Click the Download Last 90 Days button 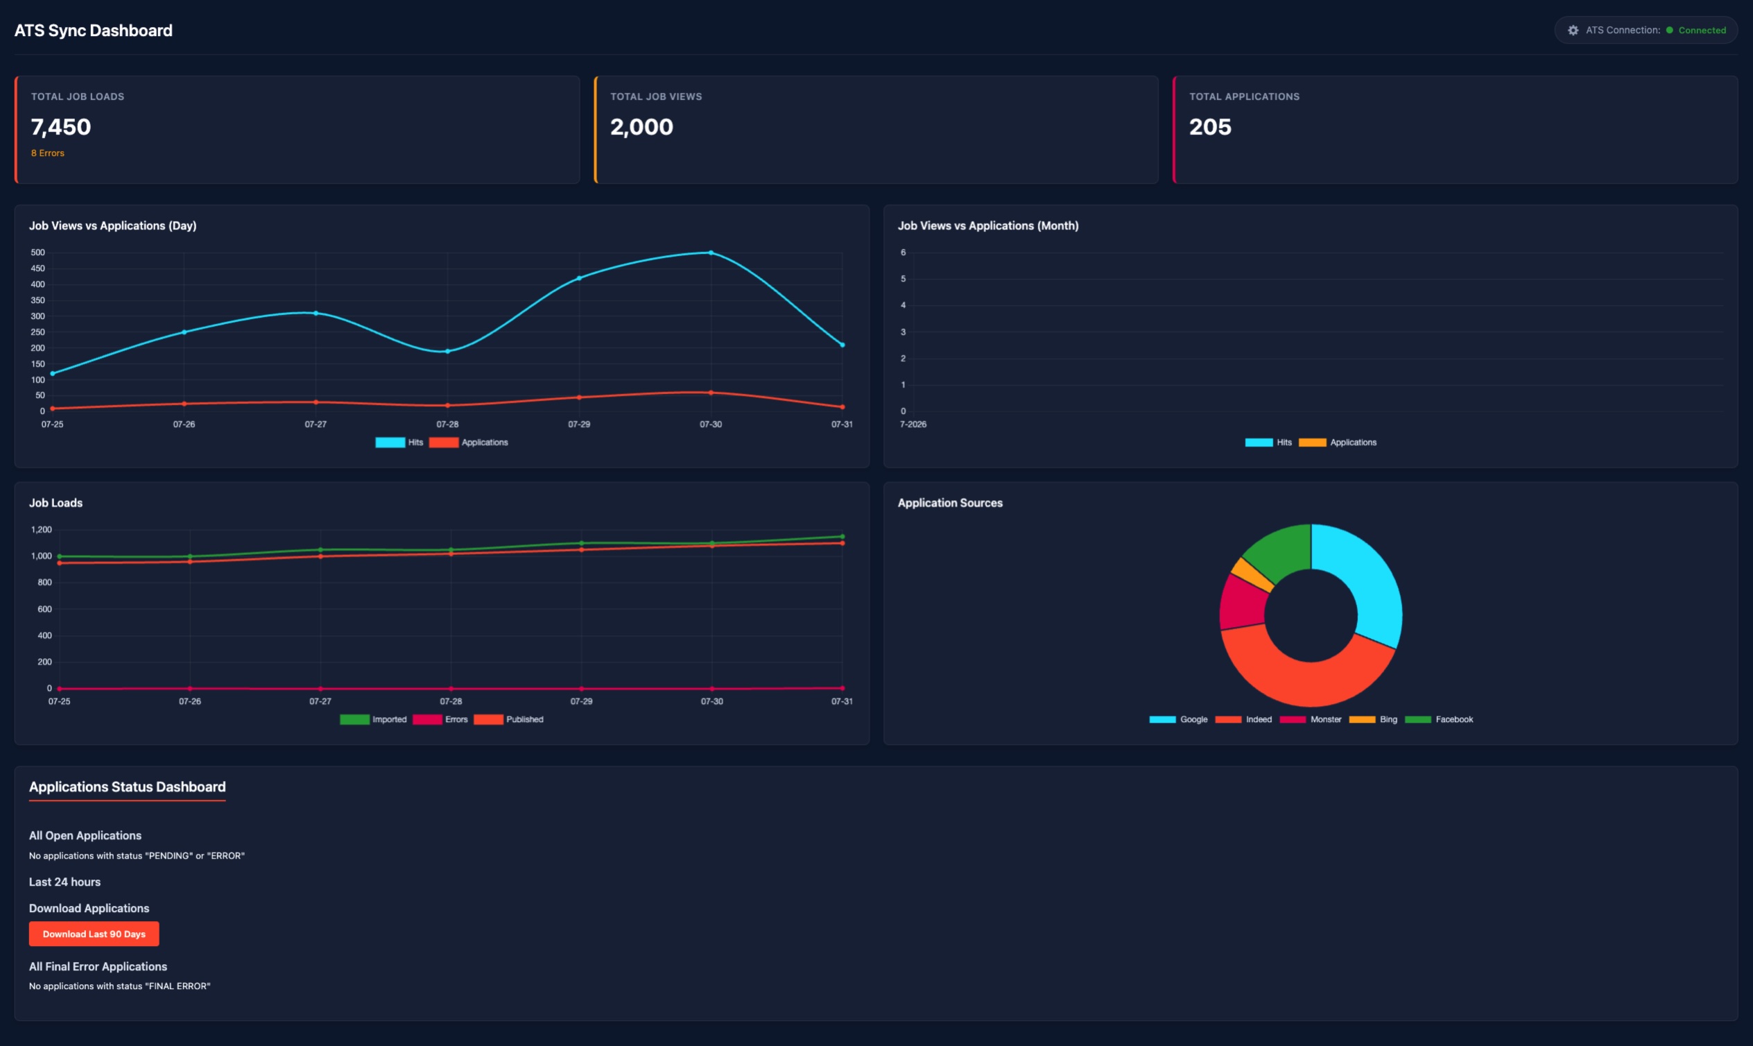pyautogui.click(x=94, y=934)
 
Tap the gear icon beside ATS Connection pyautogui.click(x=1573, y=31)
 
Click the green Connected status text pyautogui.click(x=1702, y=31)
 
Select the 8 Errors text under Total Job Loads pyautogui.click(x=48, y=153)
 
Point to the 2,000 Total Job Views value pyautogui.click(x=641, y=127)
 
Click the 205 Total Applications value pyautogui.click(x=1210, y=127)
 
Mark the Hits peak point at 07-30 pyautogui.click(x=711, y=252)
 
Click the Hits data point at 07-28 pyautogui.click(x=447, y=351)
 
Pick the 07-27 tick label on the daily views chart pyautogui.click(x=316, y=425)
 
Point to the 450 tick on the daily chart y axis pyautogui.click(x=38, y=268)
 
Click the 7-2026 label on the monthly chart pyautogui.click(x=913, y=425)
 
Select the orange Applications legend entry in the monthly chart pyautogui.click(x=1338, y=443)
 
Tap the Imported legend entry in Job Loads pyautogui.click(x=374, y=720)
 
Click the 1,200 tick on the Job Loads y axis pyautogui.click(x=42, y=529)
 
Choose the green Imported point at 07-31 pyautogui.click(x=842, y=536)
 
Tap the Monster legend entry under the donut pyautogui.click(x=1311, y=720)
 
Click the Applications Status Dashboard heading pyautogui.click(x=128, y=787)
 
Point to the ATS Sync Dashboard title pyautogui.click(x=93, y=31)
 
